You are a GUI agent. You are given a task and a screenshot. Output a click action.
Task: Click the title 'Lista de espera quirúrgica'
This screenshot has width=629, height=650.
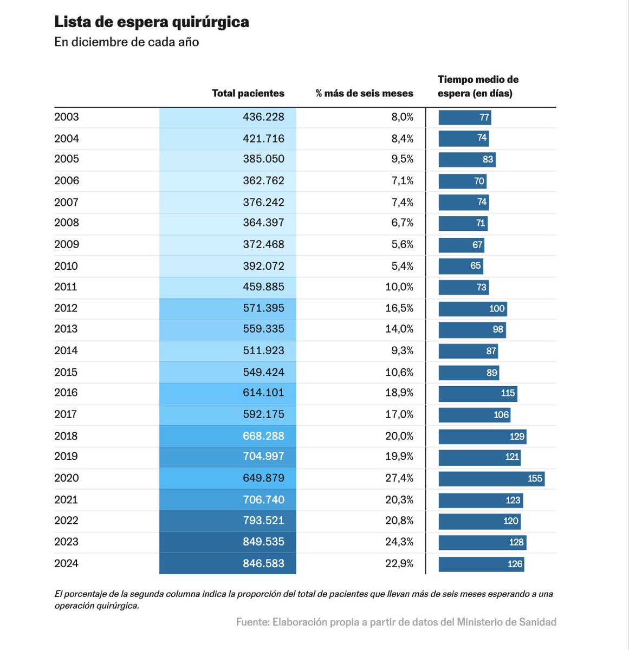click(152, 22)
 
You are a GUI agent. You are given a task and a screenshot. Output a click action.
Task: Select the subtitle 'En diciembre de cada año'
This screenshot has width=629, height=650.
click(126, 42)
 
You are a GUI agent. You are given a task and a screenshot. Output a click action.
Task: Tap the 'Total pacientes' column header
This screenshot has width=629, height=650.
click(248, 93)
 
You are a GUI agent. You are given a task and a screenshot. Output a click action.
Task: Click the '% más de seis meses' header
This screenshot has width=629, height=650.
click(364, 93)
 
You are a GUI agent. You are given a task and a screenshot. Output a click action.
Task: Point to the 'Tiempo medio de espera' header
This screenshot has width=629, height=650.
click(478, 86)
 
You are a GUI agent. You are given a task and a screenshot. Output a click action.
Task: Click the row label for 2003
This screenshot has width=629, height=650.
click(67, 117)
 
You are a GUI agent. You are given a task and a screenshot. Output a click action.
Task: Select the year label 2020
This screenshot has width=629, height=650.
click(67, 478)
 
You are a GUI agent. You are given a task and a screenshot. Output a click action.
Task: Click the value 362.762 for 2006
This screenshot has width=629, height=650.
click(263, 180)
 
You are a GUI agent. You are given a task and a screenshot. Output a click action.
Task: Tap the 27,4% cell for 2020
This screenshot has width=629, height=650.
click(399, 478)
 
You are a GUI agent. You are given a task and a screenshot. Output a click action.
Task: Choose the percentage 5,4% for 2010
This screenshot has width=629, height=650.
click(402, 266)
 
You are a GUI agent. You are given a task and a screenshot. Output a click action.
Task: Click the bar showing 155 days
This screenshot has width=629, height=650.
click(491, 479)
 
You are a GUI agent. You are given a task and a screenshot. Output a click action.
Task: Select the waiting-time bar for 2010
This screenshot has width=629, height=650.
click(461, 266)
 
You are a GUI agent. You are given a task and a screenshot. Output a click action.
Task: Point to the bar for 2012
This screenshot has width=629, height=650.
click(472, 309)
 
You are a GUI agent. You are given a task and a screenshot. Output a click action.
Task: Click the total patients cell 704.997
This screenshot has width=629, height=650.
click(263, 456)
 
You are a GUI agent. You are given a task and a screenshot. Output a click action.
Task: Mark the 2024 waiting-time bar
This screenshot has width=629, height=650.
click(481, 564)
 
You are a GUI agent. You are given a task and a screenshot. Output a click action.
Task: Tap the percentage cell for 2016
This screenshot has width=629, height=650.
click(399, 393)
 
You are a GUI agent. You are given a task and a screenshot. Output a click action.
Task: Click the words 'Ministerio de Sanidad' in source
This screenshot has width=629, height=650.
click(507, 622)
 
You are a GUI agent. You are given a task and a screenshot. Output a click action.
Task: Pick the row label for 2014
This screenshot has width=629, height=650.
click(67, 350)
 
